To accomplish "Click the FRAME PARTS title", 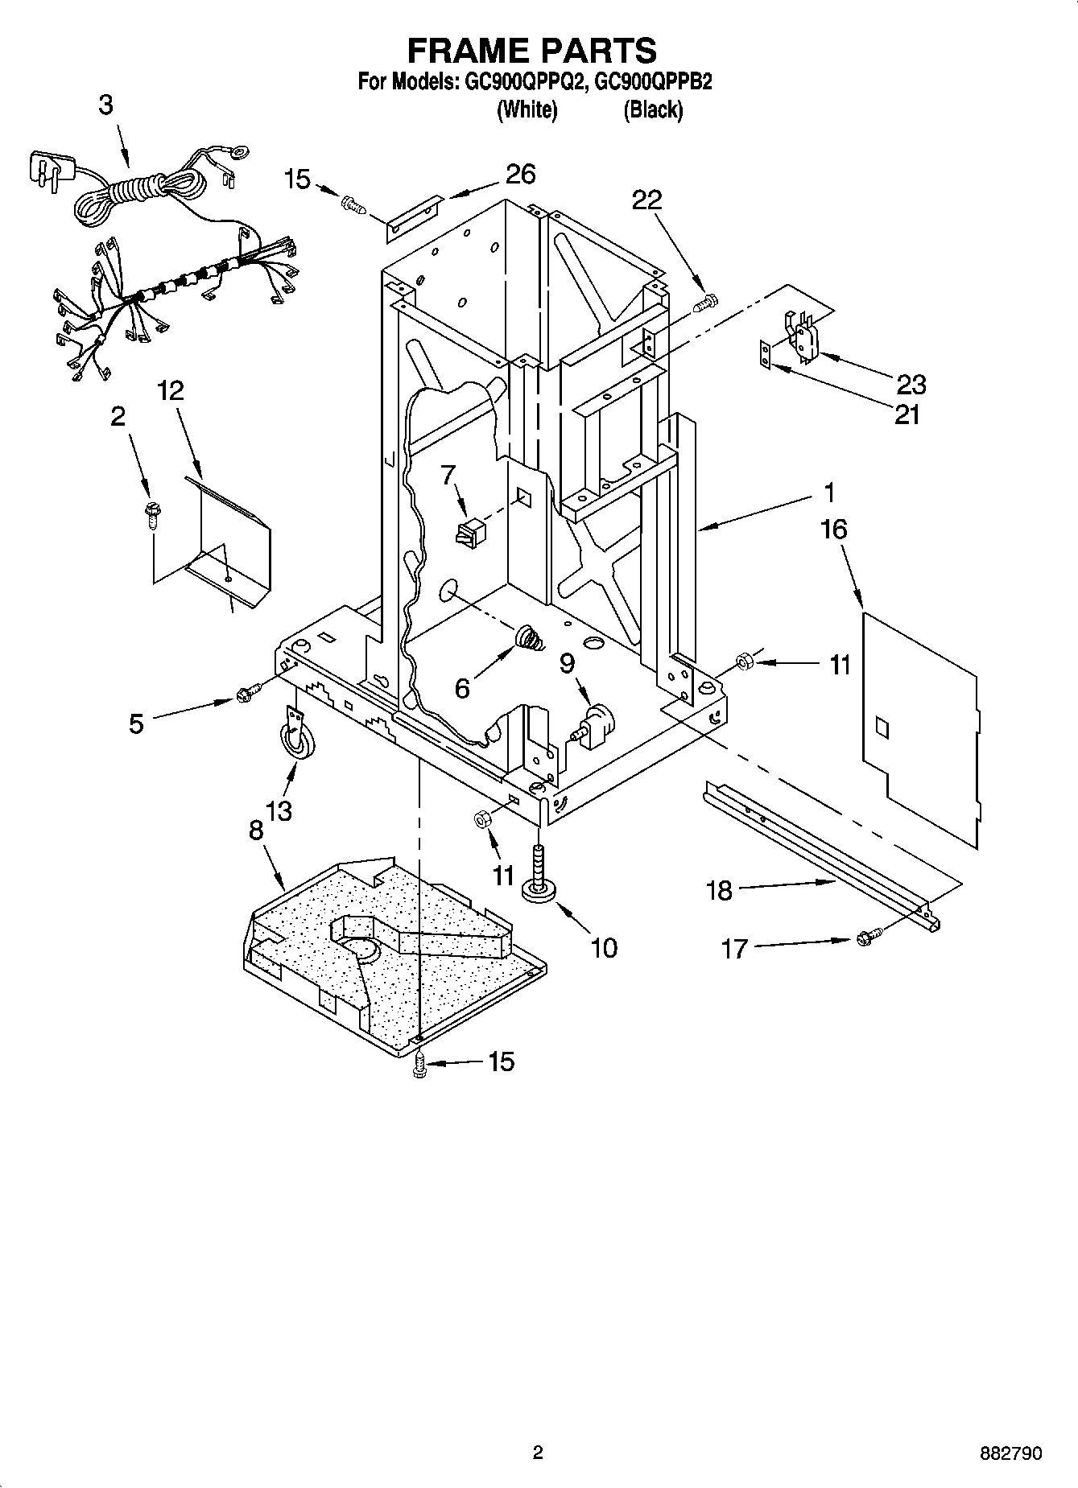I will coord(531,50).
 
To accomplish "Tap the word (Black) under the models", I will coord(653,109).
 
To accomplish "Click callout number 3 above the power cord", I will coord(106,105).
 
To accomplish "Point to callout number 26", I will coord(520,174).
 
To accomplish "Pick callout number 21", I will coord(907,414).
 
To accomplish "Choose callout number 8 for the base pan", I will coord(256,831).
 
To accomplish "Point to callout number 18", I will coord(719,890).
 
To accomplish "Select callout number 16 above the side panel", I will coord(834,529).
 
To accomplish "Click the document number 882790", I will coord(1011,1453).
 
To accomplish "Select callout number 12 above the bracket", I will coord(170,391).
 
